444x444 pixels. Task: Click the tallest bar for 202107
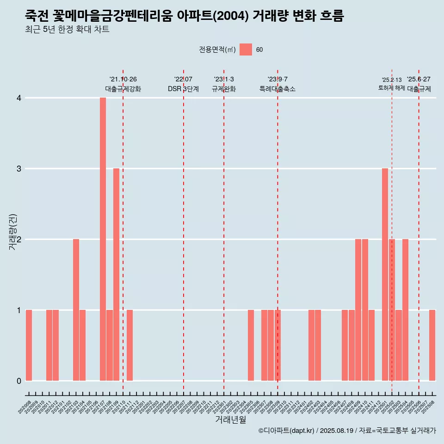[x=103, y=239]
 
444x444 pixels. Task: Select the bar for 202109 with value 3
[x=116, y=274]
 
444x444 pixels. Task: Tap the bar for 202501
[x=385, y=274]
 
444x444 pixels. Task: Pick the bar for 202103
[x=76, y=310]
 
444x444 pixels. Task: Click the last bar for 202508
[x=432, y=345]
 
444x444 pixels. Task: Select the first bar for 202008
[x=29, y=345]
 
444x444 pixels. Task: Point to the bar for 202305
[x=251, y=345]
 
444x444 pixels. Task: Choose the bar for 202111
[x=129, y=345]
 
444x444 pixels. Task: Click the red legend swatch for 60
[x=246, y=50]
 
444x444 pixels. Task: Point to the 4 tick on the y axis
[x=19, y=98]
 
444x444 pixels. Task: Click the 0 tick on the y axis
[x=19, y=381]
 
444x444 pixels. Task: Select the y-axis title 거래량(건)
[x=13, y=232]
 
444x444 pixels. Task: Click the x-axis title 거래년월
[x=230, y=420]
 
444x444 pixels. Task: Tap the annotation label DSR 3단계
[x=183, y=89]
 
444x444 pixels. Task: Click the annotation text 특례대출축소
[x=277, y=89]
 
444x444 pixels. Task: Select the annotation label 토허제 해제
[x=391, y=88]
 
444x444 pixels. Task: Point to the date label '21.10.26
[x=123, y=80]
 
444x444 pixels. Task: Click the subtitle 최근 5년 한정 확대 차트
[x=67, y=30]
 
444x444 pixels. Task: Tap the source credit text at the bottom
[x=347, y=431]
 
